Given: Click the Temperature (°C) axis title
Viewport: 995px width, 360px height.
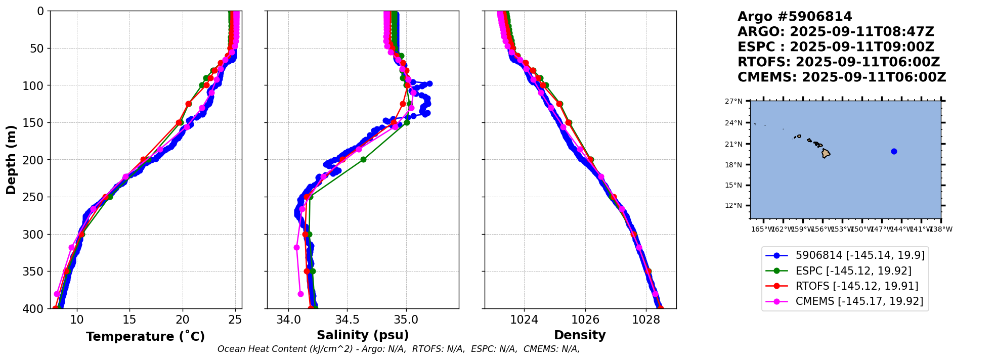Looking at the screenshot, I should [145, 336].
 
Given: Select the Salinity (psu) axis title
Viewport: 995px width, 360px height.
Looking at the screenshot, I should [363, 335].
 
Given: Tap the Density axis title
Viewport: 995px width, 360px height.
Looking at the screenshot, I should [580, 335].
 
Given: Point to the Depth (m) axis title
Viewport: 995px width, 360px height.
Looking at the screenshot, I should [11, 159].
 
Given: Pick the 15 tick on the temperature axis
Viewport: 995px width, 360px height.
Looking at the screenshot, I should [129, 320].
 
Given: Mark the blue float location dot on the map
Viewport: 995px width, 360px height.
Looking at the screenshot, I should [894, 151].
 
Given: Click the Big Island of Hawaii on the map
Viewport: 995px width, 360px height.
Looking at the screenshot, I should [826, 153].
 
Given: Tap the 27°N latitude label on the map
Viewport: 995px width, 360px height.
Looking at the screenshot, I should [733, 101].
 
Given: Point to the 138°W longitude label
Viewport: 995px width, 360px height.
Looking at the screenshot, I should [941, 229].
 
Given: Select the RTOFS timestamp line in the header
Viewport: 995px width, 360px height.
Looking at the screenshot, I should [838, 62].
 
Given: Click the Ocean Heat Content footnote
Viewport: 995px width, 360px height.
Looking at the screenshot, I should [399, 349].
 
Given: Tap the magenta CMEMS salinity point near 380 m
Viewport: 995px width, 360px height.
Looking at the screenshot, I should [300, 294].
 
